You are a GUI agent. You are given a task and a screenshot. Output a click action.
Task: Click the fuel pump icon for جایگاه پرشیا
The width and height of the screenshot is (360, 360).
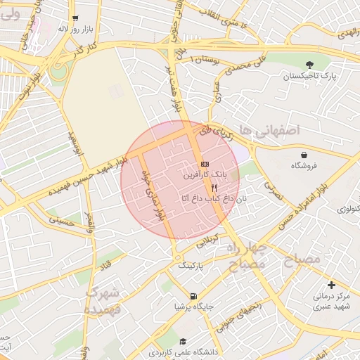193,296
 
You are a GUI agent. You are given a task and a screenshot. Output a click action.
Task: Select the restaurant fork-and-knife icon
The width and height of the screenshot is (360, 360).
214,188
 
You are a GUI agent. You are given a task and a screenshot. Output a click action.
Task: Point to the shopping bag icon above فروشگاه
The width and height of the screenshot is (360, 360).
304,155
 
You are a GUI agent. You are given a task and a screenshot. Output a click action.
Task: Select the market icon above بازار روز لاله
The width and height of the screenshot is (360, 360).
76,19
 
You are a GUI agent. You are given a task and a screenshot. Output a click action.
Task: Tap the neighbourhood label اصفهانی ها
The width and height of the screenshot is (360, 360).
269,130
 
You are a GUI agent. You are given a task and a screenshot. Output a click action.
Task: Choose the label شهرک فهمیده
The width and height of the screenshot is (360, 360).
103,300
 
